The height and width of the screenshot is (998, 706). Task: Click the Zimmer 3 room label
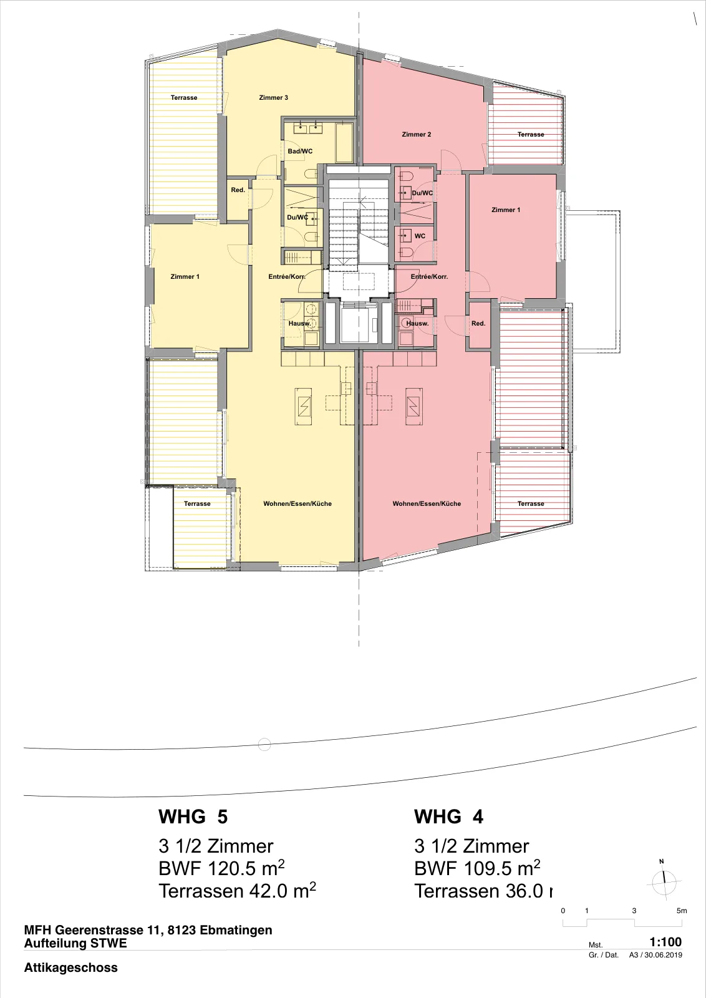(x=274, y=97)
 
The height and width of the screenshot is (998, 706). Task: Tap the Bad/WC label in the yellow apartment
(x=300, y=151)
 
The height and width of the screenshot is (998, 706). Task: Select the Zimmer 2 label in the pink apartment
(x=417, y=134)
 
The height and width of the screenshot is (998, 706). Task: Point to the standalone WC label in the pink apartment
(x=420, y=236)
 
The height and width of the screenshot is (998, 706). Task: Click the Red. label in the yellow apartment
(x=238, y=190)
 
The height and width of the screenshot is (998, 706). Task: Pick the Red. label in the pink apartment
(x=478, y=324)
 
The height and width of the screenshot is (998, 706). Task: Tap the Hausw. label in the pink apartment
(x=417, y=324)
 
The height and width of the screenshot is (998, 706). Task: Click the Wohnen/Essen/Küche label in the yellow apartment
(x=297, y=503)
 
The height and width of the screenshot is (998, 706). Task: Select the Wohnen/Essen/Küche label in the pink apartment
(x=427, y=503)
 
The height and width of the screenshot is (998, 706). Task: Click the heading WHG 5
(x=193, y=816)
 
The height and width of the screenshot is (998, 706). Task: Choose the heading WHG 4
(x=448, y=816)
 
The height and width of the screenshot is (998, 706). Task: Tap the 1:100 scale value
(x=665, y=942)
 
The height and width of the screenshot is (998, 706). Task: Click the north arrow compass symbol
(x=664, y=881)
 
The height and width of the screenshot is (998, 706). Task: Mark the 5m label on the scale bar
(x=682, y=911)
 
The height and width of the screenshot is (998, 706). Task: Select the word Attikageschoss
(x=71, y=967)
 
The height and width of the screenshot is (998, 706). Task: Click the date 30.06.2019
(x=663, y=955)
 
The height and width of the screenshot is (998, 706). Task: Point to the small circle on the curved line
(x=264, y=745)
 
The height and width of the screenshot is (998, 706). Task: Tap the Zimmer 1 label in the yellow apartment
(x=185, y=277)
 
